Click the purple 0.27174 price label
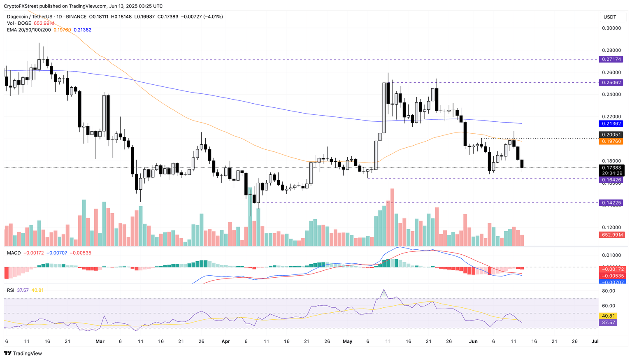(x=611, y=59)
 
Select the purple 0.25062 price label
(x=611, y=82)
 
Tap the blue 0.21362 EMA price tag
(x=611, y=123)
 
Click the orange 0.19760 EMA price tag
(x=611, y=141)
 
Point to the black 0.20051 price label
(x=611, y=135)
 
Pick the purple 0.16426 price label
(x=611, y=180)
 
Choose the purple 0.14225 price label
(x=611, y=203)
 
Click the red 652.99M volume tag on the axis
(x=611, y=235)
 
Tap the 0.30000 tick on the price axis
(x=611, y=28)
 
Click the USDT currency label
(x=610, y=17)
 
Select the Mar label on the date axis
(x=100, y=341)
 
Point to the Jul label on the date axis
(x=595, y=341)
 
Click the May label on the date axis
(x=348, y=341)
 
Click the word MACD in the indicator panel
(x=14, y=253)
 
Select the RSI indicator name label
(x=11, y=290)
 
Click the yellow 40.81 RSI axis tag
(x=608, y=316)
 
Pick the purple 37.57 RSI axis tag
(x=608, y=323)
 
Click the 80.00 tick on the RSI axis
(x=609, y=291)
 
